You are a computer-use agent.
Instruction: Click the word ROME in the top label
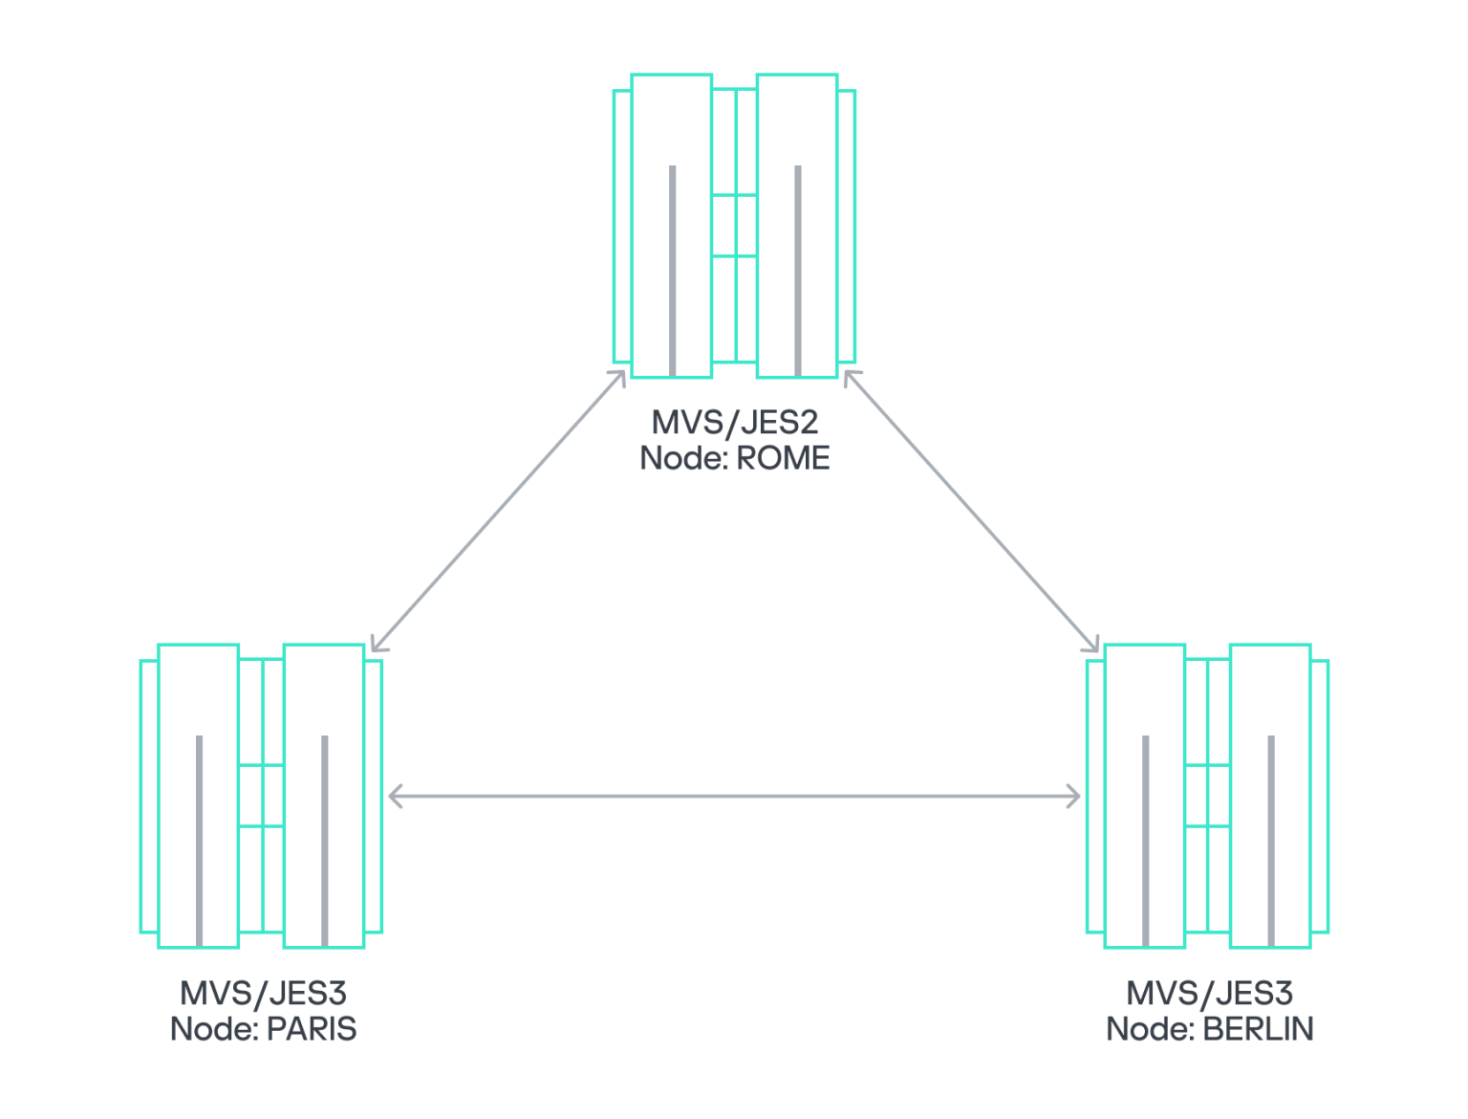tap(783, 458)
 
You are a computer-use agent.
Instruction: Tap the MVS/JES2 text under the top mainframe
tap(734, 422)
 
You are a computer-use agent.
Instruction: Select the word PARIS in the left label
tap(312, 1029)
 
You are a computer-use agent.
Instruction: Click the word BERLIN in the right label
tap(1258, 1029)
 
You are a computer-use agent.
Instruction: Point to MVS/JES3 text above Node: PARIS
tap(263, 993)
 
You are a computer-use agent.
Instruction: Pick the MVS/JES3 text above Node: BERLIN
tap(1209, 993)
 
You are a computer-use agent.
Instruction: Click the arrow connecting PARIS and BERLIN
tap(734, 796)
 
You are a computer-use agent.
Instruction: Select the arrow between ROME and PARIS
tap(497, 512)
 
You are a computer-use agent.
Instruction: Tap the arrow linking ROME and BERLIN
tap(971, 512)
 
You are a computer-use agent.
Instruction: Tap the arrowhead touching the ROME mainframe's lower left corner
tap(619, 378)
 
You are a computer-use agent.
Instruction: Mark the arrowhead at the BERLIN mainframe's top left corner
tap(1092, 645)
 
